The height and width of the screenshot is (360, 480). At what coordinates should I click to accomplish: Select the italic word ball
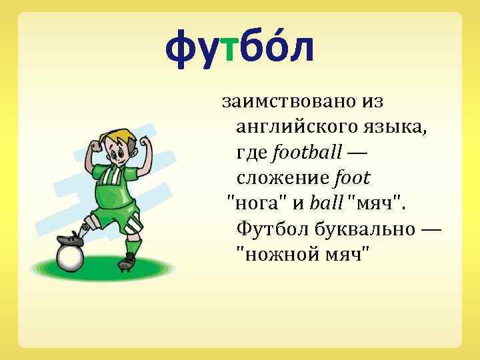click(x=325, y=203)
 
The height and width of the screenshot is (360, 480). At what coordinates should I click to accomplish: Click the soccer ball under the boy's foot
click(x=71, y=258)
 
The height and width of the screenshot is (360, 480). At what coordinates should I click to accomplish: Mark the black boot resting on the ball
click(x=70, y=238)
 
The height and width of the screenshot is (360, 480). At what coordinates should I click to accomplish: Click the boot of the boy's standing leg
click(x=127, y=263)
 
